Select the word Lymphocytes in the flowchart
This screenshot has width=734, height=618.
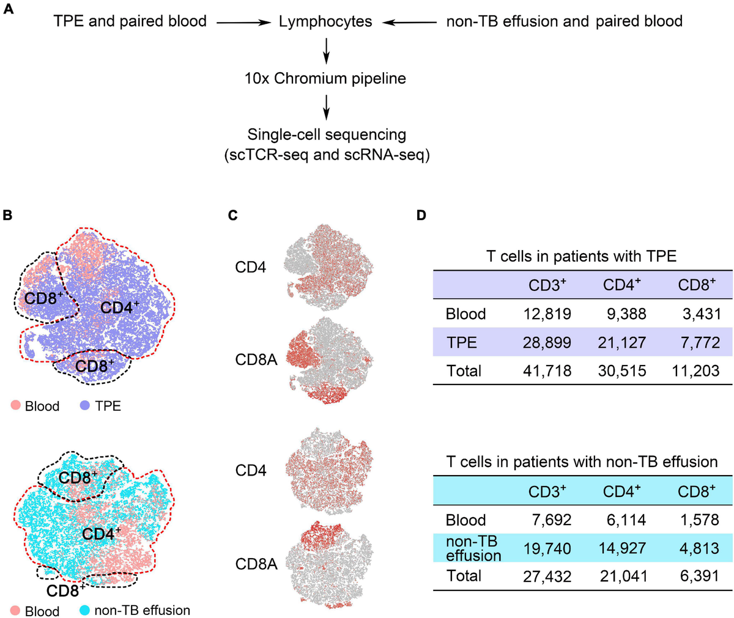coord(325,22)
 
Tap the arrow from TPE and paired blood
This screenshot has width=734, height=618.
coord(243,23)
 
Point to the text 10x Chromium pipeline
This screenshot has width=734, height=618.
coord(325,78)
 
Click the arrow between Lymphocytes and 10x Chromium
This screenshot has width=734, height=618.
coord(326,50)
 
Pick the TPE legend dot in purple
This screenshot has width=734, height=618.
coord(86,405)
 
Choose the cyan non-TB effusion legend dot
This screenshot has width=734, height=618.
coord(85,610)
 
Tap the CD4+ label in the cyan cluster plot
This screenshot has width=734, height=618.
coord(102,533)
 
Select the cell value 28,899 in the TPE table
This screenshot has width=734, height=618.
coord(548,342)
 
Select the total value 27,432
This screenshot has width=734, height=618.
coord(548,576)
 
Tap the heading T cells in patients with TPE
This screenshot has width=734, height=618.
coord(581,256)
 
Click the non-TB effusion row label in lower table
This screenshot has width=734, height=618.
coord(473,548)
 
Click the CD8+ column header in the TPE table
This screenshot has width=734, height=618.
coord(697,285)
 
